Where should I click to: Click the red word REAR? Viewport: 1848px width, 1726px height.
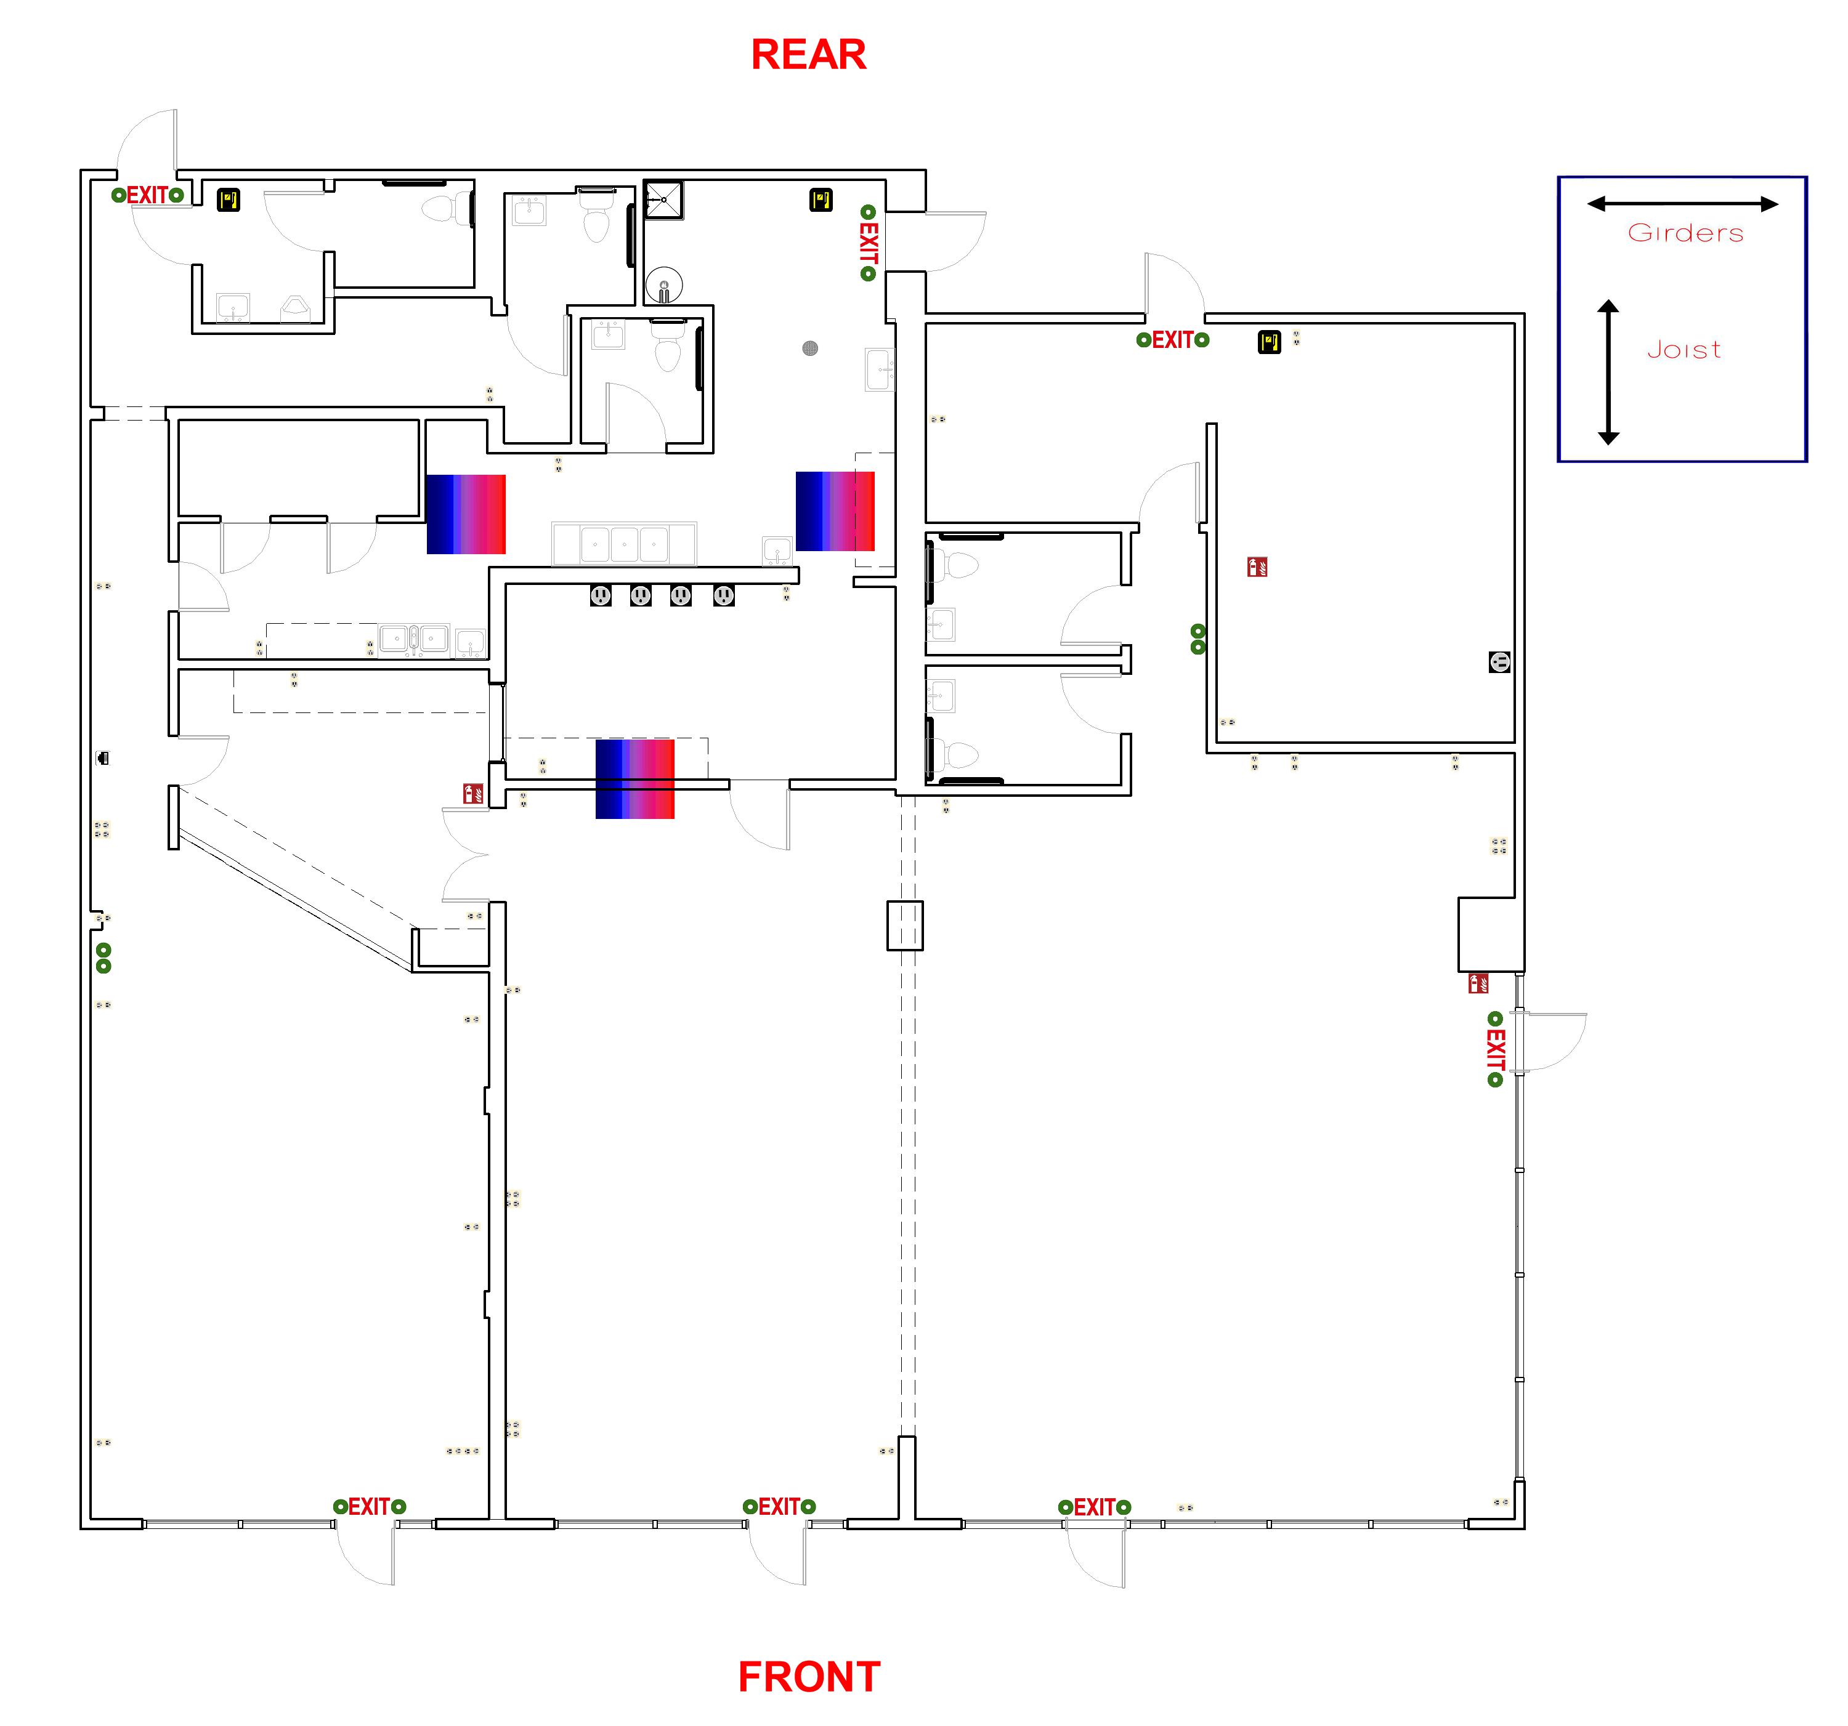pyautogui.click(x=808, y=54)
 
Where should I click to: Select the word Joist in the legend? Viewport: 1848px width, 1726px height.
pyautogui.click(x=1684, y=350)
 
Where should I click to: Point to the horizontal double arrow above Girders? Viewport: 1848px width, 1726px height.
pyautogui.click(x=1682, y=204)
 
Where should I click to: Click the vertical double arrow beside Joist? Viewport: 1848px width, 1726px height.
pyautogui.click(x=1608, y=372)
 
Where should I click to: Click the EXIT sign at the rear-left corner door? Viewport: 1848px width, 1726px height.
pyautogui.click(x=147, y=195)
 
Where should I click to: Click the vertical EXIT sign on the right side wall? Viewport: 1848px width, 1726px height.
pyautogui.click(x=1495, y=1049)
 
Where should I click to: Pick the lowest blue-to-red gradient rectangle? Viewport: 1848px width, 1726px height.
pyautogui.click(x=635, y=779)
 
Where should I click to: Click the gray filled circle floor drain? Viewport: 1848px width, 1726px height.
pyautogui.click(x=809, y=349)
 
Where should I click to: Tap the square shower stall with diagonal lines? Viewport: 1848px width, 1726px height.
pyautogui.click(x=663, y=200)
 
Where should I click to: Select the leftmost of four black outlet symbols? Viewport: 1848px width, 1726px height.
pyautogui.click(x=601, y=595)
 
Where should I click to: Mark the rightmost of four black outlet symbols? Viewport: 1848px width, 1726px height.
pyautogui.click(x=723, y=595)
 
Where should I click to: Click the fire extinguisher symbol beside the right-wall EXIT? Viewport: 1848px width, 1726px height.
pyautogui.click(x=1478, y=983)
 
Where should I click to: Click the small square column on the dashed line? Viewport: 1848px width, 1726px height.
pyautogui.click(x=904, y=926)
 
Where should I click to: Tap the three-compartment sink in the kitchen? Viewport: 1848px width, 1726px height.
pyautogui.click(x=624, y=544)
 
